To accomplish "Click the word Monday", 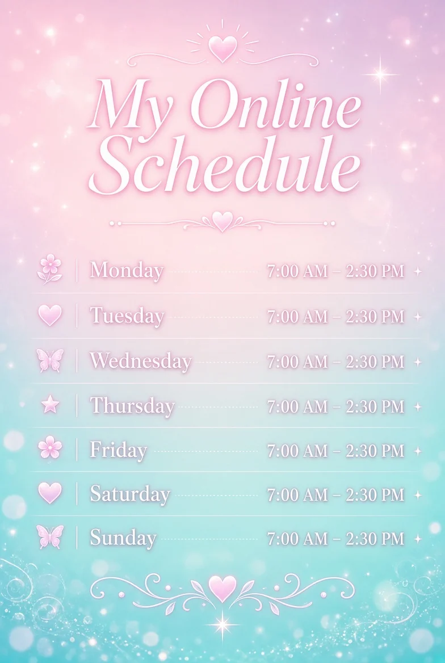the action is tap(127, 270).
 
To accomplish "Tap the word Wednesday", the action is tap(140, 360).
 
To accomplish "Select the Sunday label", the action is tap(123, 538).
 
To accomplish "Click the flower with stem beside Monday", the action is tap(50, 269).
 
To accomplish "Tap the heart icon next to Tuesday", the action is tap(50, 315).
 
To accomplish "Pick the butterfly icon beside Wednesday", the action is tap(50, 360).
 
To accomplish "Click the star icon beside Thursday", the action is tap(50, 405).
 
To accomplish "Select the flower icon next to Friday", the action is tap(50, 447).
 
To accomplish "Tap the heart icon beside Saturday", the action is tap(50, 493).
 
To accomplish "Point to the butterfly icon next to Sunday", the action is tap(50, 536).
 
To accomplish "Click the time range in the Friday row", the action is tap(336, 451).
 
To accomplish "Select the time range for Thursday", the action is tap(336, 406).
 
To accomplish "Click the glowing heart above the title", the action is tap(222, 48).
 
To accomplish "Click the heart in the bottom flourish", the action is tap(222, 589).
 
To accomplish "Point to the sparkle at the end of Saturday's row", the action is tap(418, 495).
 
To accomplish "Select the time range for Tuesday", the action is tap(336, 316).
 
